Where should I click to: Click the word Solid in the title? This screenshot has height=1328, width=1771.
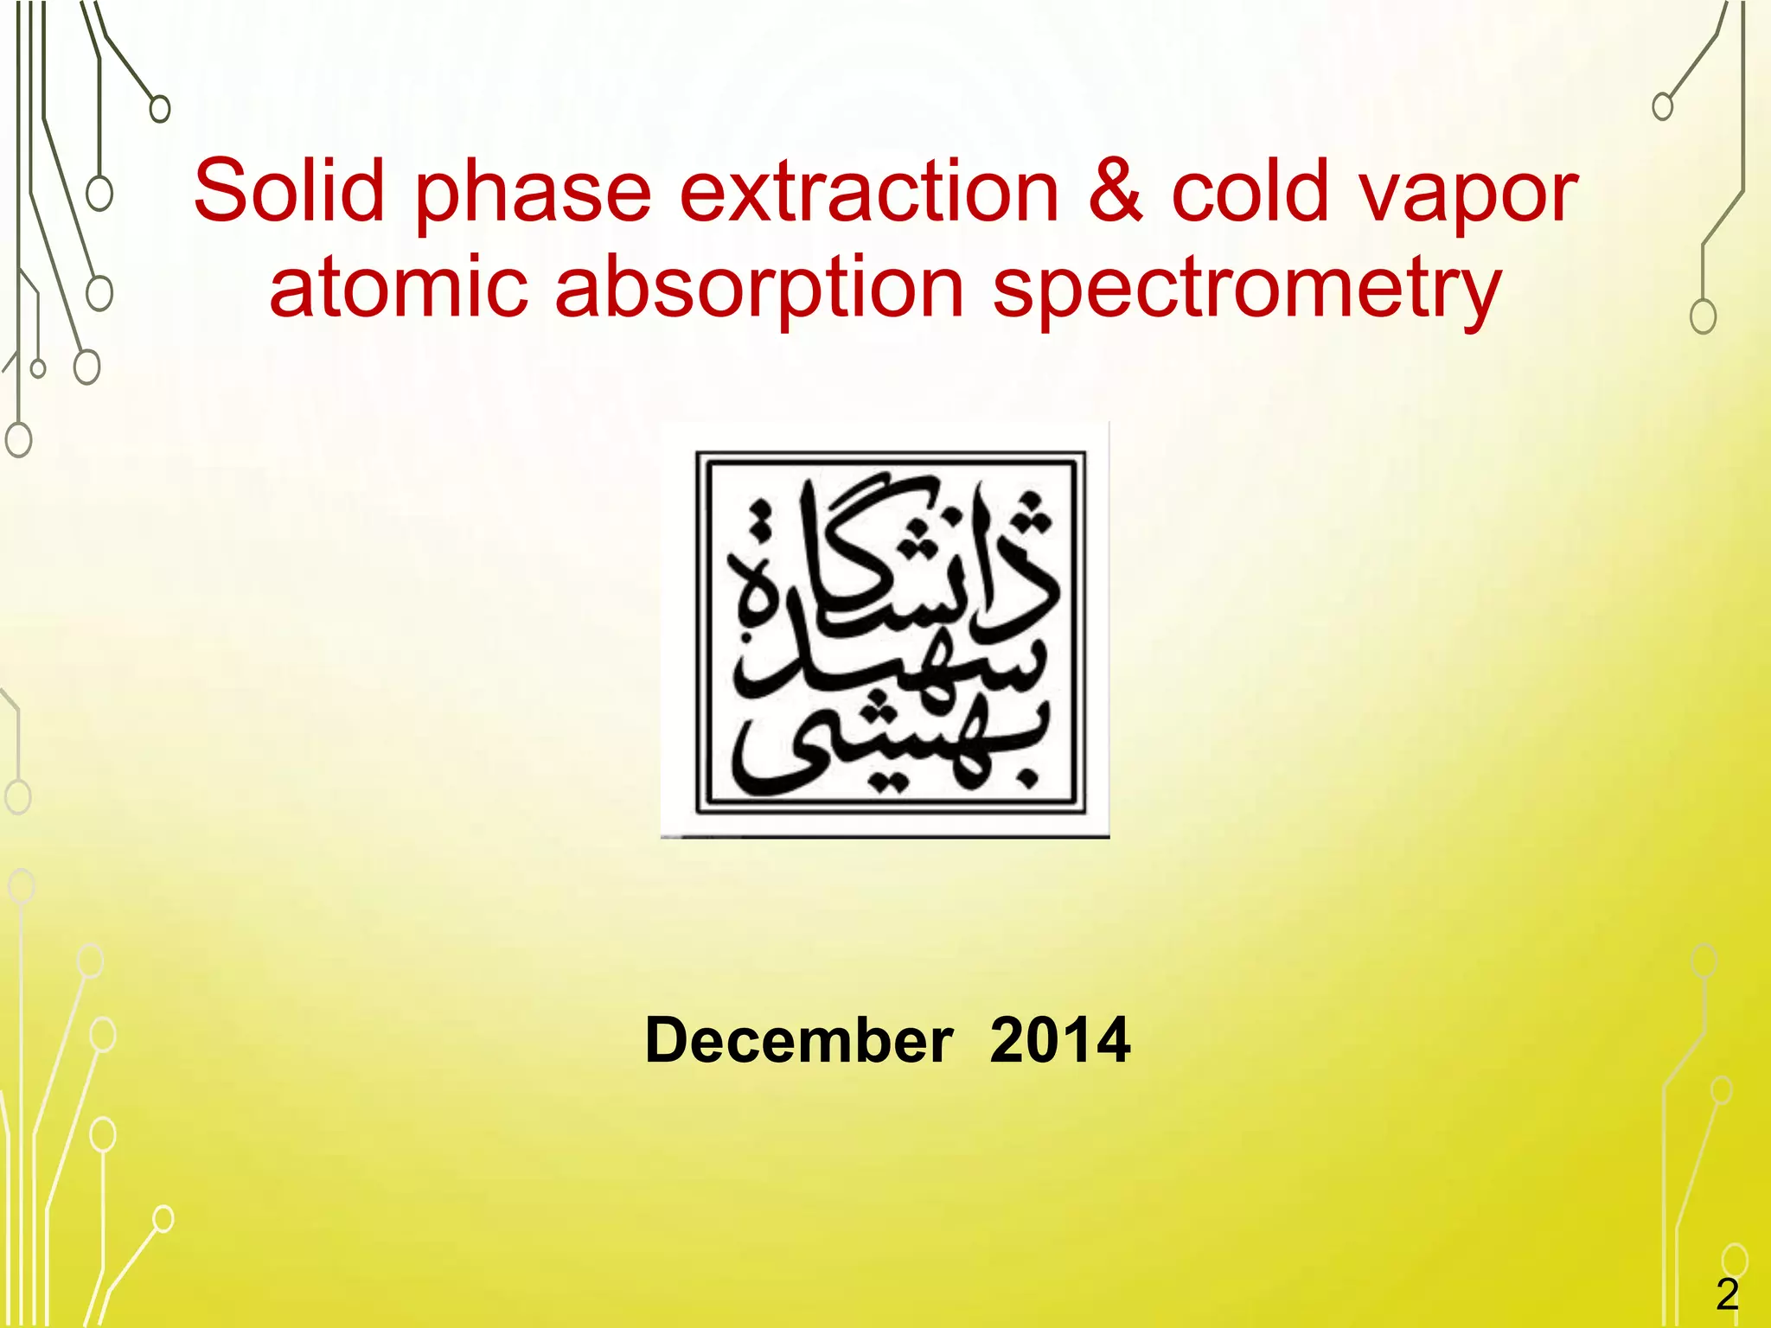(x=289, y=191)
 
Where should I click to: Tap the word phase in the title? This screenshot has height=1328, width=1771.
(x=533, y=195)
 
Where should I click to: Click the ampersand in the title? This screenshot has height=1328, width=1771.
(x=1115, y=191)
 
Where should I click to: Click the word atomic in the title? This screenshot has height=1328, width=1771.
(x=399, y=286)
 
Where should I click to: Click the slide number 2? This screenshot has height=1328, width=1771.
(x=1727, y=1295)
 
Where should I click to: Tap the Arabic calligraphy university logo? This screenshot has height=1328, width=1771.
(x=885, y=630)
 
